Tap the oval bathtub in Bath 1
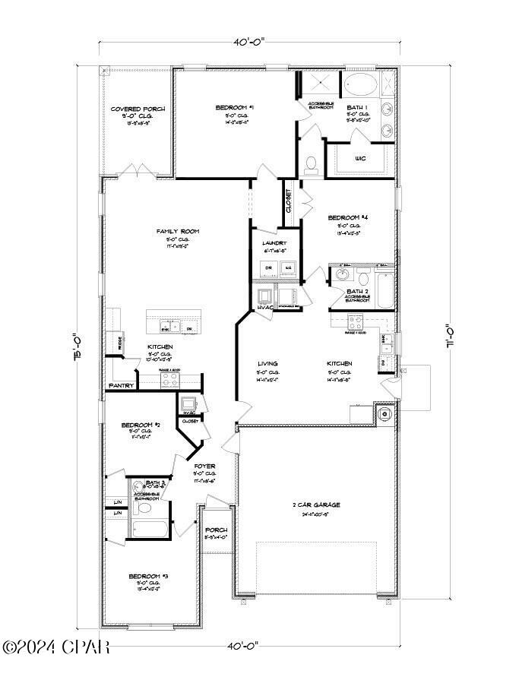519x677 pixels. click(362, 85)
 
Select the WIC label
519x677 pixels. click(360, 159)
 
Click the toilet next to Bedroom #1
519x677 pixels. click(310, 164)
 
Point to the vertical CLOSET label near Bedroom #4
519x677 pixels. click(289, 202)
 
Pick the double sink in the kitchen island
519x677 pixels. click(167, 327)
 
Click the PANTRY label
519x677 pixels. click(122, 386)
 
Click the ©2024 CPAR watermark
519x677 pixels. click(56, 647)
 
